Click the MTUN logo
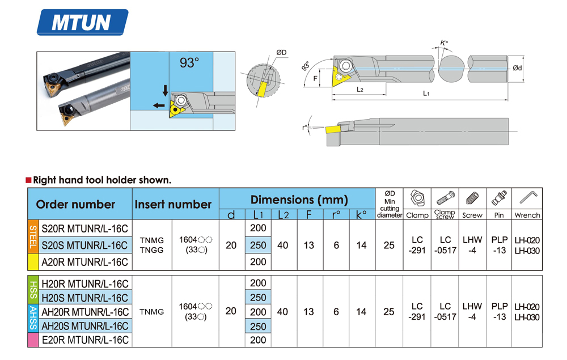point(82,22)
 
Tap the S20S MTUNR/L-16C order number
point(86,245)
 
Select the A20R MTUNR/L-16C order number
point(86,262)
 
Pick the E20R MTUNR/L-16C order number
point(86,340)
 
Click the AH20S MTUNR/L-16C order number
point(86,326)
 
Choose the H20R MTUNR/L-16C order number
point(86,283)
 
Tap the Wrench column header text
point(527,215)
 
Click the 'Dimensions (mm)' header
point(299,200)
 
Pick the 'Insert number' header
point(173,205)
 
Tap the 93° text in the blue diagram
point(189,63)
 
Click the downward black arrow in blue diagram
point(166,90)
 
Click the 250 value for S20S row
point(258,245)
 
